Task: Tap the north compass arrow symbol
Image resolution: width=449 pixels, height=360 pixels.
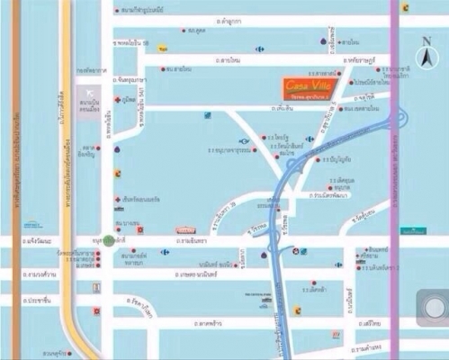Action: pos(426,55)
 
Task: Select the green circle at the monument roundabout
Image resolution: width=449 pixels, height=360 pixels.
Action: pos(108,241)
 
